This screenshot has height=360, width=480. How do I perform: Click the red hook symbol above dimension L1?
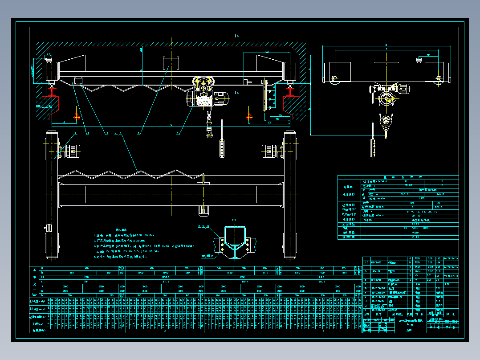pyautogui.click(x=77, y=117)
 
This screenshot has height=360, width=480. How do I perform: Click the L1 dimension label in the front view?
pyautogui.click(x=64, y=122)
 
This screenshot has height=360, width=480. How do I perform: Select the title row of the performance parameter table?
pyautogui.click(x=398, y=177)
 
